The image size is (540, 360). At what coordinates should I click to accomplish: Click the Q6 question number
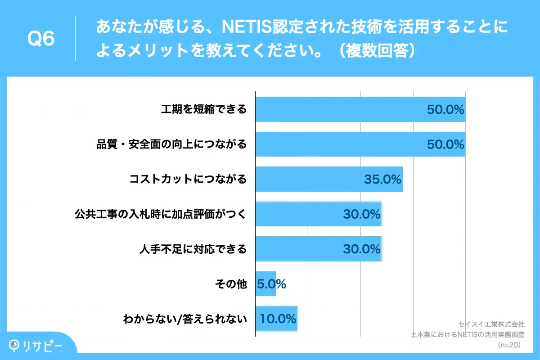click(41, 39)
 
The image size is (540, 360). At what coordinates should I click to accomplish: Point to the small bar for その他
click(265, 284)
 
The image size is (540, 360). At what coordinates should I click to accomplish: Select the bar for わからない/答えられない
click(276, 319)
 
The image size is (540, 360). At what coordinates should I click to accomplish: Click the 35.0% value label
click(382, 180)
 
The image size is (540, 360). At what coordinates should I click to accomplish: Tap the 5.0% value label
click(271, 284)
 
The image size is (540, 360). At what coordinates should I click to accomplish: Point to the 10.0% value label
click(278, 319)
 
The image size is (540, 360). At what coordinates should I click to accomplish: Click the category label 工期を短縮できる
click(204, 109)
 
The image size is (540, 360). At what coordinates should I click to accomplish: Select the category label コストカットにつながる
click(188, 179)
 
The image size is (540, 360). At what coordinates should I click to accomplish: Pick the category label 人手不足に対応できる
click(193, 249)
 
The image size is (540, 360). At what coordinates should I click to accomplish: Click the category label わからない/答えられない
click(185, 319)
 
